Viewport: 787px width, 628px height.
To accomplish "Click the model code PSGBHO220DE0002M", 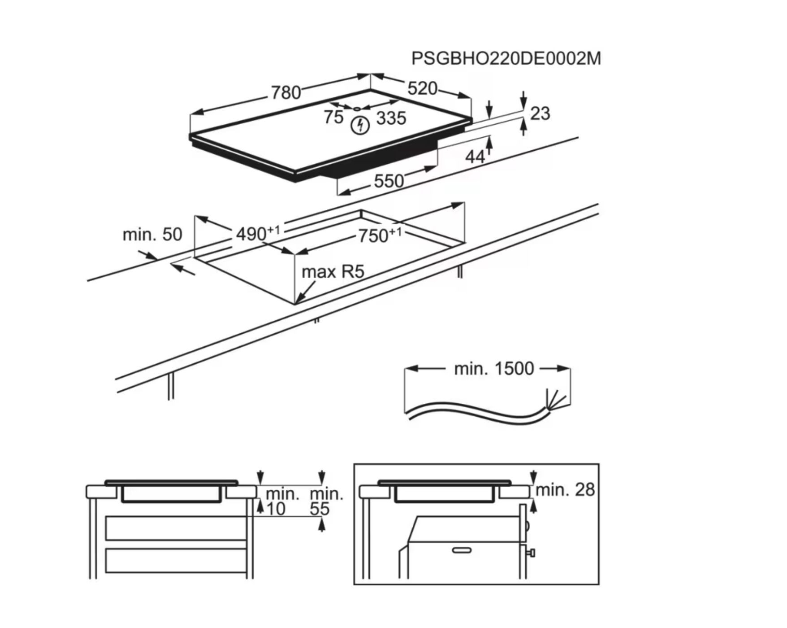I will tap(506, 59).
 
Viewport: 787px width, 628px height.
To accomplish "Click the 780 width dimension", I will tap(286, 93).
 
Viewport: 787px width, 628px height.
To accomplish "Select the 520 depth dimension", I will tap(422, 88).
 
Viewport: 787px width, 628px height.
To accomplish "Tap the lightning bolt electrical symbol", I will tap(360, 125).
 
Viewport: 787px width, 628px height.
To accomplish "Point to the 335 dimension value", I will tap(391, 118).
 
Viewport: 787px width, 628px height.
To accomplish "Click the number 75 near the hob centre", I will tap(333, 117).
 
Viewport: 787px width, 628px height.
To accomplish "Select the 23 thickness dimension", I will tap(540, 113).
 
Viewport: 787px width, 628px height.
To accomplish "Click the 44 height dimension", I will tap(475, 157).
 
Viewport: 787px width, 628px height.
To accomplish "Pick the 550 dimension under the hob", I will tap(389, 181).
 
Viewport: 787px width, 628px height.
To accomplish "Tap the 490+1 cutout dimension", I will tap(257, 233).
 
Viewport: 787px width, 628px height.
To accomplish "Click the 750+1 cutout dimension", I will tap(379, 235).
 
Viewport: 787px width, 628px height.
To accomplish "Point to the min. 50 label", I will tap(152, 234).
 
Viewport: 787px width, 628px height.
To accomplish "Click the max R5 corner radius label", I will tap(333, 271).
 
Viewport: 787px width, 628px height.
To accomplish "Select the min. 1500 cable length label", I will tap(494, 369).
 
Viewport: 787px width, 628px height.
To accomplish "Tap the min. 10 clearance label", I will tap(281, 502).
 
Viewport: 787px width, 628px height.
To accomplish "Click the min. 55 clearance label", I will tap(326, 502).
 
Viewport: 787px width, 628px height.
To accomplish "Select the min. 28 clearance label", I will tap(565, 490).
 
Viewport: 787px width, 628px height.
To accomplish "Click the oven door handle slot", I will tap(462, 550).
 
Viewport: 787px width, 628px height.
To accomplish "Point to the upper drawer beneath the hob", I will tap(176, 528).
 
